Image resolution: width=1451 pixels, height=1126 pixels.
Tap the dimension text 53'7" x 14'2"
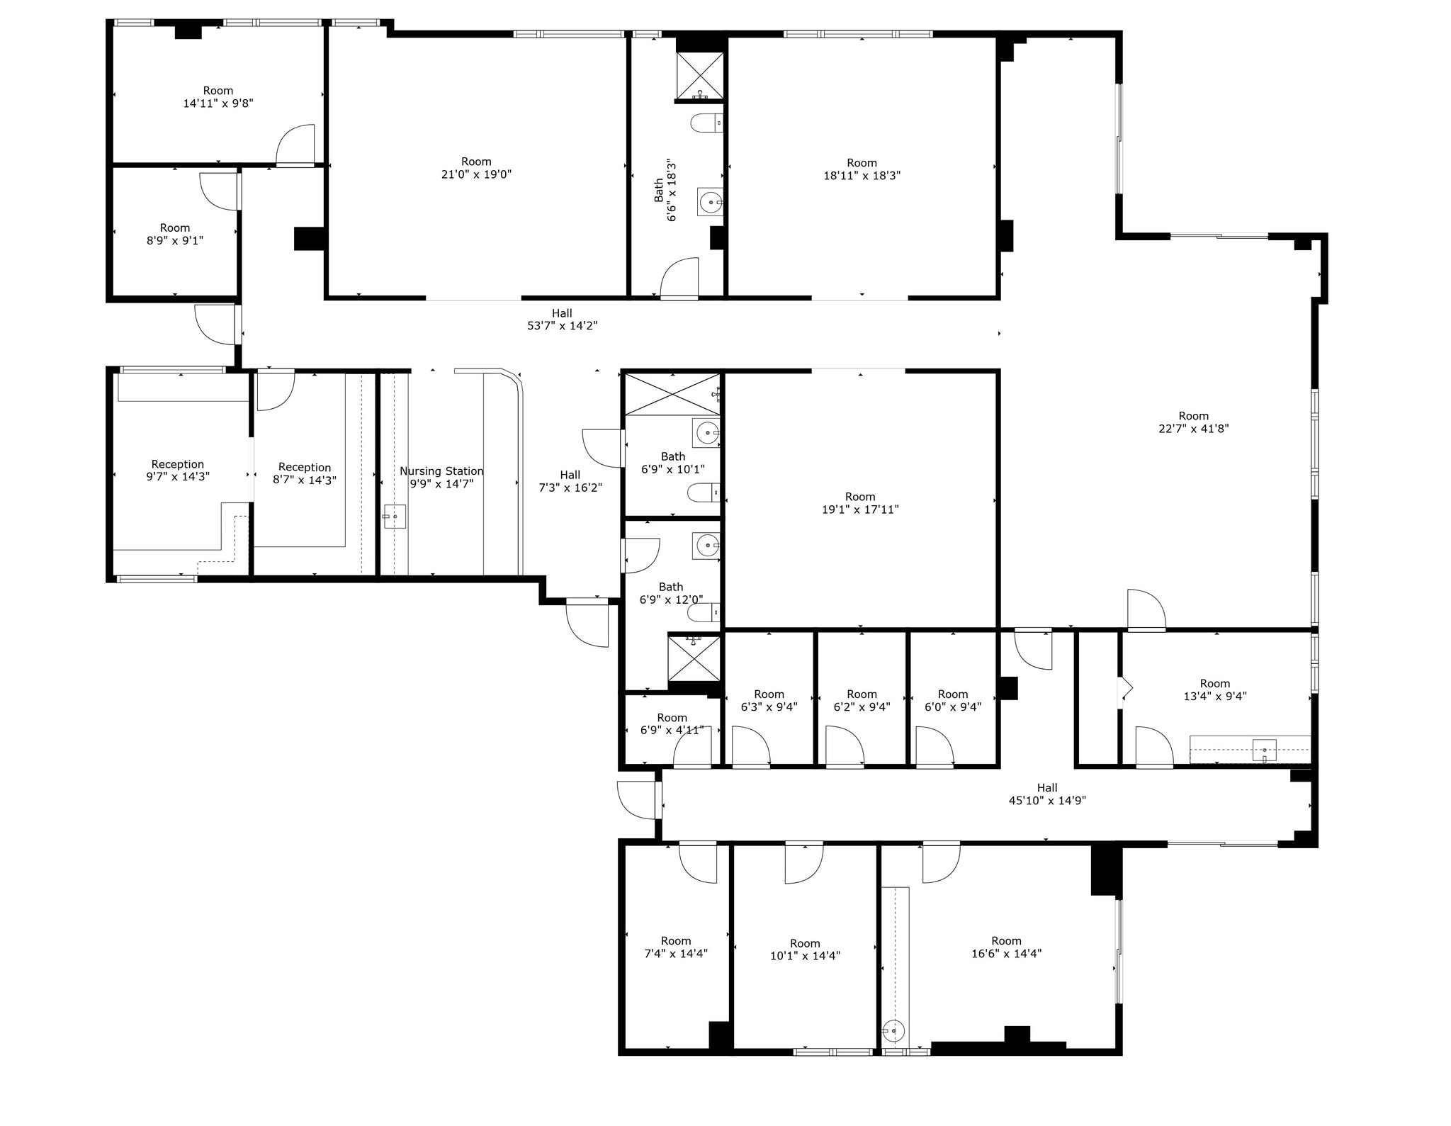(x=562, y=326)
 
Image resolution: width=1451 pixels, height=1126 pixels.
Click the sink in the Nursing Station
(x=395, y=517)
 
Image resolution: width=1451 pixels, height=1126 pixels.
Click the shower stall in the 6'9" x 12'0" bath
(x=694, y=659)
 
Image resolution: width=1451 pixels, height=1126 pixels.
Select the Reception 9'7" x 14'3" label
(x=178, y=471)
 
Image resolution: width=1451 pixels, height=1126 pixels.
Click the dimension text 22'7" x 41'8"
(x=1193, y=429)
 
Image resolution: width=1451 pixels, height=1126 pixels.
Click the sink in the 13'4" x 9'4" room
(x=1264, y=750)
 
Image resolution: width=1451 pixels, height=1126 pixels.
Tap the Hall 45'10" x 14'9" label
(x=1047, y=794)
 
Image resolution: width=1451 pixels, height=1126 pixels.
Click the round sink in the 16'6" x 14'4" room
(x=893, y=1030)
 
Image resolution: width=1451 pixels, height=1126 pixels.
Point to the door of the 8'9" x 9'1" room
(x=220, y=191)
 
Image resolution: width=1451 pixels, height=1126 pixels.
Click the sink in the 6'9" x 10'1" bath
(x=707, y=432)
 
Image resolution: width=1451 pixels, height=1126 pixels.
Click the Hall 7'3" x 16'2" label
(x=570, y=481)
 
